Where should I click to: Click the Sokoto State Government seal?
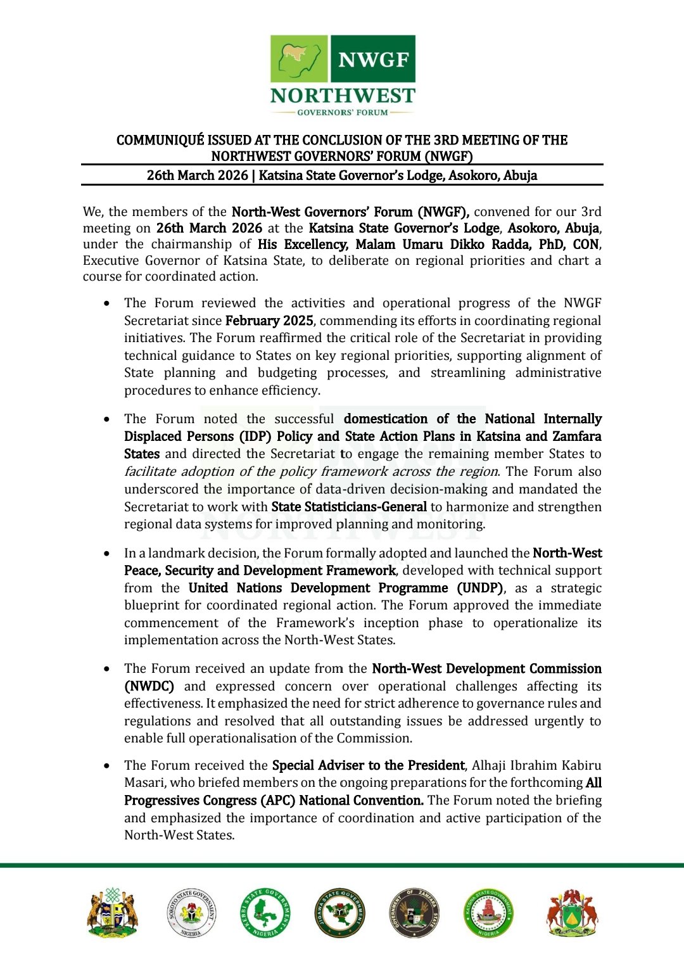[191, 913]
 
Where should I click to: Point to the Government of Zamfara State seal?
[414, 913]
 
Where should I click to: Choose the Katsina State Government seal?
[488, 913]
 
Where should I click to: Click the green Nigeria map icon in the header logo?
[300, 59]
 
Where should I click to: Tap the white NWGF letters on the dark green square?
[373, 60]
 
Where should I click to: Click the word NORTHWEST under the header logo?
[343, 96]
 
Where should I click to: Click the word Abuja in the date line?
[521, 175]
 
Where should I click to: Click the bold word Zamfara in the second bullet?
[577, 436]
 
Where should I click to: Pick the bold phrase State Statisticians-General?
[349, 507]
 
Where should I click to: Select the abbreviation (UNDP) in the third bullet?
[481, 588]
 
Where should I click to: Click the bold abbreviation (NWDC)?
[149, 686]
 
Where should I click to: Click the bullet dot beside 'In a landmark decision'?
[106, 554]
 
